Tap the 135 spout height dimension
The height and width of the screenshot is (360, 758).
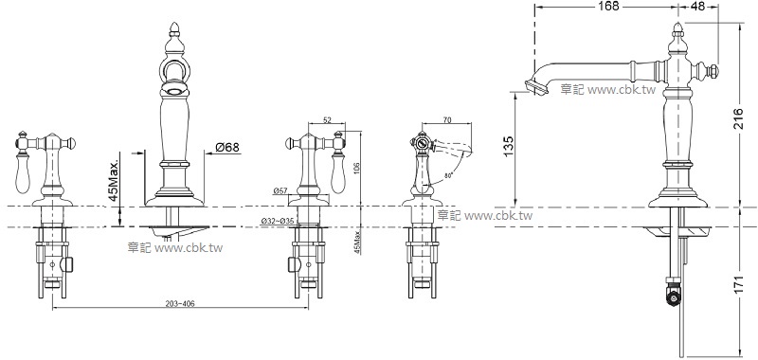(x=508, y=145)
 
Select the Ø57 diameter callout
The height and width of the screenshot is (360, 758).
(x=280, y=191)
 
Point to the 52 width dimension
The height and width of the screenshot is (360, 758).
(x=327, y=120)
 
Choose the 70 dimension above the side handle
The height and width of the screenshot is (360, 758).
(x=446, y=121)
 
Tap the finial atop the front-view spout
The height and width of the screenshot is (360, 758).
(x=173, y=29)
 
